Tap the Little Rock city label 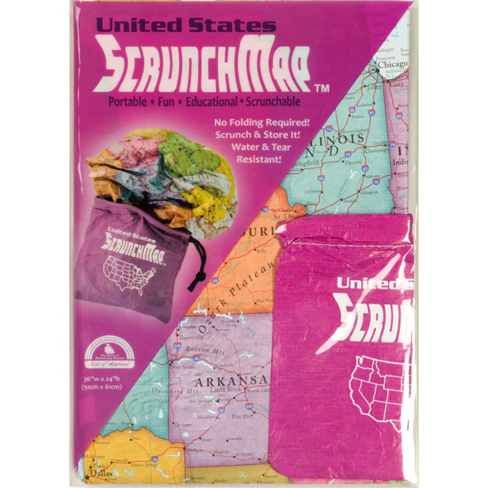pyautogui.click(x=225, y=390)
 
